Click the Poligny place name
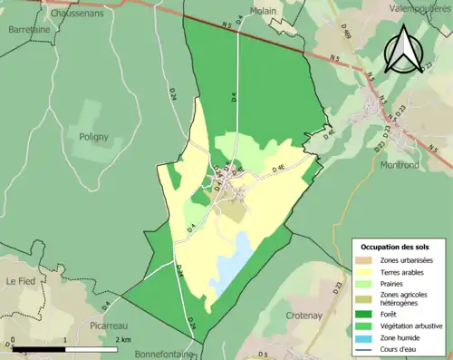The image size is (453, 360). tap(88, 137)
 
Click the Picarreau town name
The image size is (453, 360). tap(113, 324)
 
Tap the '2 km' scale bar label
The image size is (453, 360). tap(124, 339)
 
